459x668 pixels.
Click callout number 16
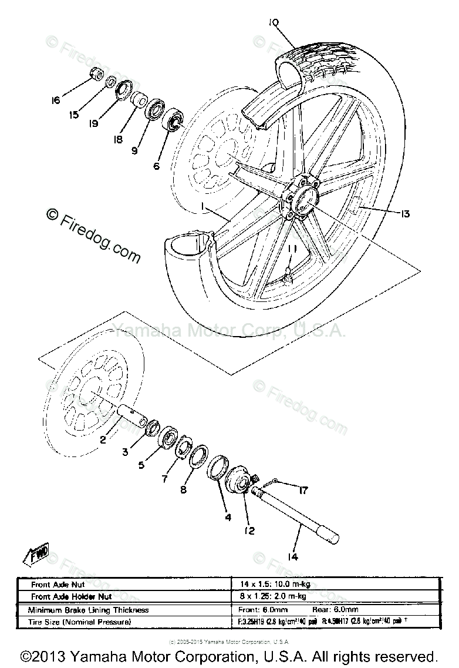tap(56, 100)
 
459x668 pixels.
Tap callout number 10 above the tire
tap(274, 23)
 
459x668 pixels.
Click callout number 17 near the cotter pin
tap(302, 489)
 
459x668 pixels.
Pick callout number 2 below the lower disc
tap(103, 439)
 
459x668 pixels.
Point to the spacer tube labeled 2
tap(133, 416)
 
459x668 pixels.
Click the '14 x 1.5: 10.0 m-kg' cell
tap(271, 585)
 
